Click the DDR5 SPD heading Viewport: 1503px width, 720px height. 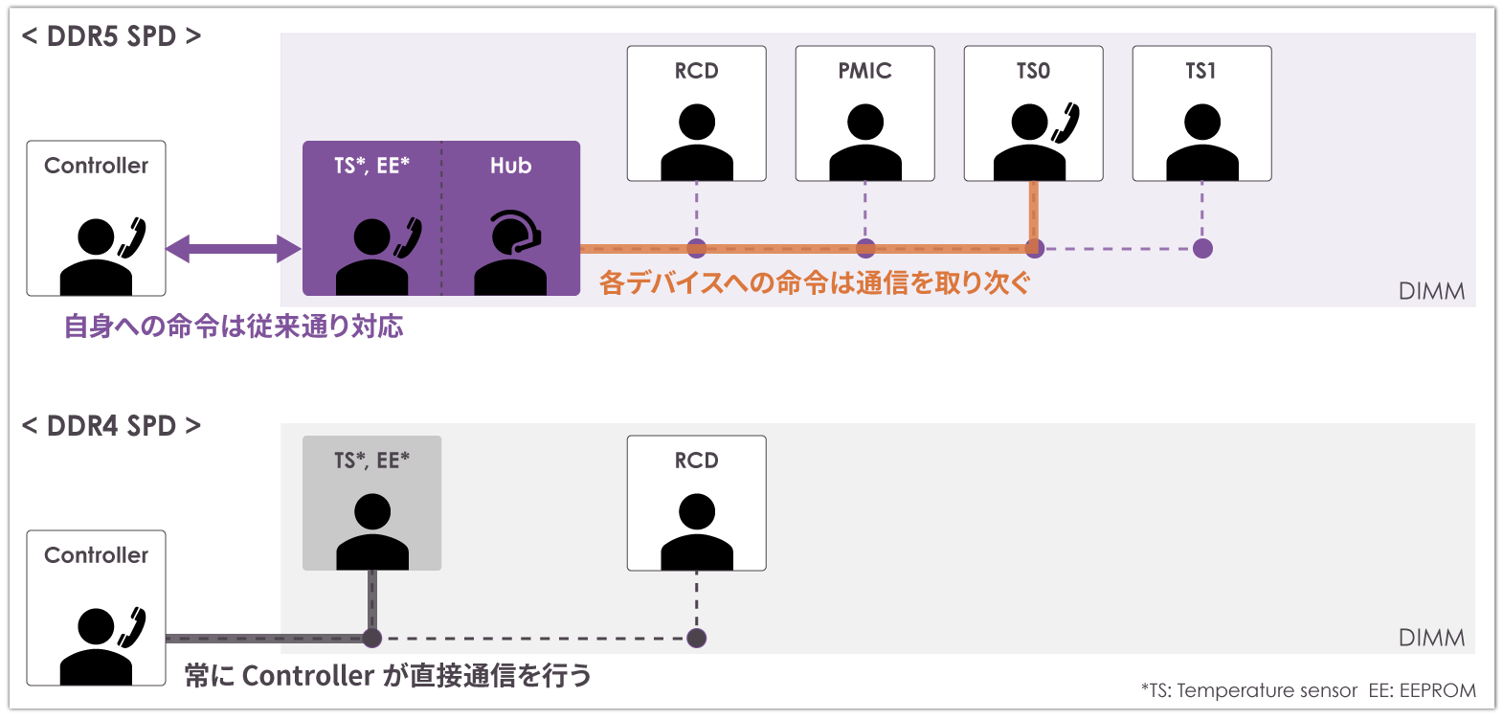111,36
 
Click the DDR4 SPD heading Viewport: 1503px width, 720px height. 111,426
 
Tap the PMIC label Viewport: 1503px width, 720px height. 864,71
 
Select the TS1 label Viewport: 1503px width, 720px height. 1200,71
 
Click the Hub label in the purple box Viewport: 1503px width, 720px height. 510,166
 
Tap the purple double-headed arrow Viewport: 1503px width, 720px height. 234,249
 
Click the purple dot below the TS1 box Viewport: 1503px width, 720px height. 1202,249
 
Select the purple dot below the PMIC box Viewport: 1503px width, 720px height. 865,249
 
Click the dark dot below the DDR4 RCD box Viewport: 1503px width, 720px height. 696,638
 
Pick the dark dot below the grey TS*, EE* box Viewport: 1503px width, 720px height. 372,638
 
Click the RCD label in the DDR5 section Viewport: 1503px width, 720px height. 696,71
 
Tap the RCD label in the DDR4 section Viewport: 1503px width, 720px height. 696,461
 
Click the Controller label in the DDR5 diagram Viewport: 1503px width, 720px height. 96,166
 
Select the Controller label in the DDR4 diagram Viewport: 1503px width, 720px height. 96,555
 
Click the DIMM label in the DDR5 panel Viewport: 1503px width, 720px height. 1431,291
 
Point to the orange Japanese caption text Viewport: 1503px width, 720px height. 815,282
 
